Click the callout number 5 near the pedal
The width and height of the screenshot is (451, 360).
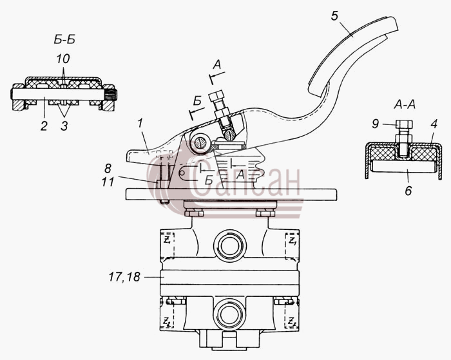(x=334, y=16)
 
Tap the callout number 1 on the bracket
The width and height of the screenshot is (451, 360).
(x=140, y=124)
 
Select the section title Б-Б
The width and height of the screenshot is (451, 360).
(x=64, y=40)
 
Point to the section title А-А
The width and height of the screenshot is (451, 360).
(x=405, y=105)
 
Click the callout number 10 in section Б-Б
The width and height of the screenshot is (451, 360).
(x=63, y=59)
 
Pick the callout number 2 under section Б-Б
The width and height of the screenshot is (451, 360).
(x=44, y=126)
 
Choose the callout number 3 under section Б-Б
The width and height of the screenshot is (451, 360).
(x=64, y=126)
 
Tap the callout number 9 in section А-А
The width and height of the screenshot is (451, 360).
(x=376, y=124)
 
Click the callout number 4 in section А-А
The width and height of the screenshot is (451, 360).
(x=434, y=124)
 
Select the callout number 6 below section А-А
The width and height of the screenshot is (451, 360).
(x=408, y=191)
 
